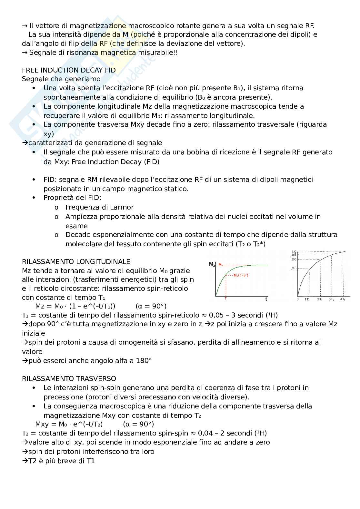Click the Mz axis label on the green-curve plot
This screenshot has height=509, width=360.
pyautogui.click(x=212, y=265)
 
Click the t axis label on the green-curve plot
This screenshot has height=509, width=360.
pyautogui.click(x=266, y=299)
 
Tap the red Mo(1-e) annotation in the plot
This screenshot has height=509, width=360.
pyautogui.click(x=241, y=275)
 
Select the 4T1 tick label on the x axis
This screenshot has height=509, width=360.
pyautogui.click(x=343, y=299)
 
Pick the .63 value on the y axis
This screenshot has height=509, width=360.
pyautogui.click(x=294, y=268)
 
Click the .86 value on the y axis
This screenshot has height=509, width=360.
pyautogui.click(x=294, y=259)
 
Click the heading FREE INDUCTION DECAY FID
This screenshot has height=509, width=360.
pyautogui.click(x=69, y=70)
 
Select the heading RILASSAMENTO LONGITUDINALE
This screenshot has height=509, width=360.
pyautogui.click(x=76, y=261)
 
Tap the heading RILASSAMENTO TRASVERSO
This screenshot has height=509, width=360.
pyautogui.click(x=69, y=378)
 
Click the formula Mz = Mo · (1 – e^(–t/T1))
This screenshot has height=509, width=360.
pyautogui.click(x=75, y=306)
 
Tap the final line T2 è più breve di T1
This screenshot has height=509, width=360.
pyautogui.click(x=58, y=461)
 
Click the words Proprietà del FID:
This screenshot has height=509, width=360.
pyautogui.click(x=72, y=198)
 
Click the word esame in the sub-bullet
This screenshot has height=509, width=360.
pyautogui.click(x=76, y=226)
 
